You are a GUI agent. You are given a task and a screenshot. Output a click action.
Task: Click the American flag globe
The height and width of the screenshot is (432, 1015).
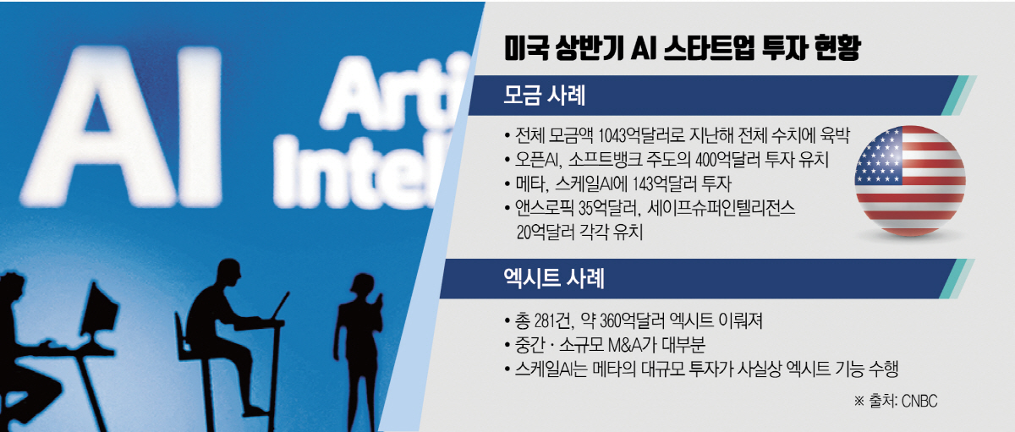910,181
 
